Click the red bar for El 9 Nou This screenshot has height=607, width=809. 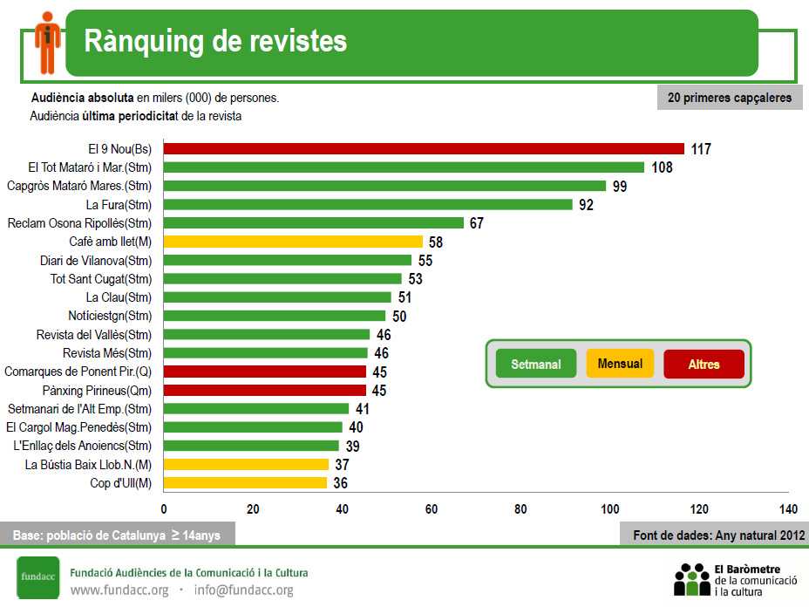click(424, 149)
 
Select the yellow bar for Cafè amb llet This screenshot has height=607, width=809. click(293, 242)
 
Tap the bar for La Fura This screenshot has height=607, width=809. click(368, 205)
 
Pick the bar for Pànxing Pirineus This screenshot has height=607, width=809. click(265, 390)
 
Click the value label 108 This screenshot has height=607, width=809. click(662, 167)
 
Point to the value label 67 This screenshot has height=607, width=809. click(476, 223)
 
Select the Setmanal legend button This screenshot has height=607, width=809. click(536, 364)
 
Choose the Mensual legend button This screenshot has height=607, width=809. click(620, 364)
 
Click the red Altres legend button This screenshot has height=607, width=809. click(704, 364)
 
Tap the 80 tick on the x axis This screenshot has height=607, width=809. click(520, 509)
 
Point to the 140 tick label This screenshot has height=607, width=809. click(788, 509)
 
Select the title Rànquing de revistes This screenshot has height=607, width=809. click(215, 41)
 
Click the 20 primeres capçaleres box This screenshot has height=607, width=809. click(729, 98)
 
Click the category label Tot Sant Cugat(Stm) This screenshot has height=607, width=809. click(101, 279)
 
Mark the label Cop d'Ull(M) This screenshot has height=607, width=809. click(120, 483)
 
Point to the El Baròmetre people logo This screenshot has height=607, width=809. click(692, 579)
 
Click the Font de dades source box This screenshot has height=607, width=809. click(718, 535)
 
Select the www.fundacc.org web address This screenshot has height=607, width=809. click(119, 590)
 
